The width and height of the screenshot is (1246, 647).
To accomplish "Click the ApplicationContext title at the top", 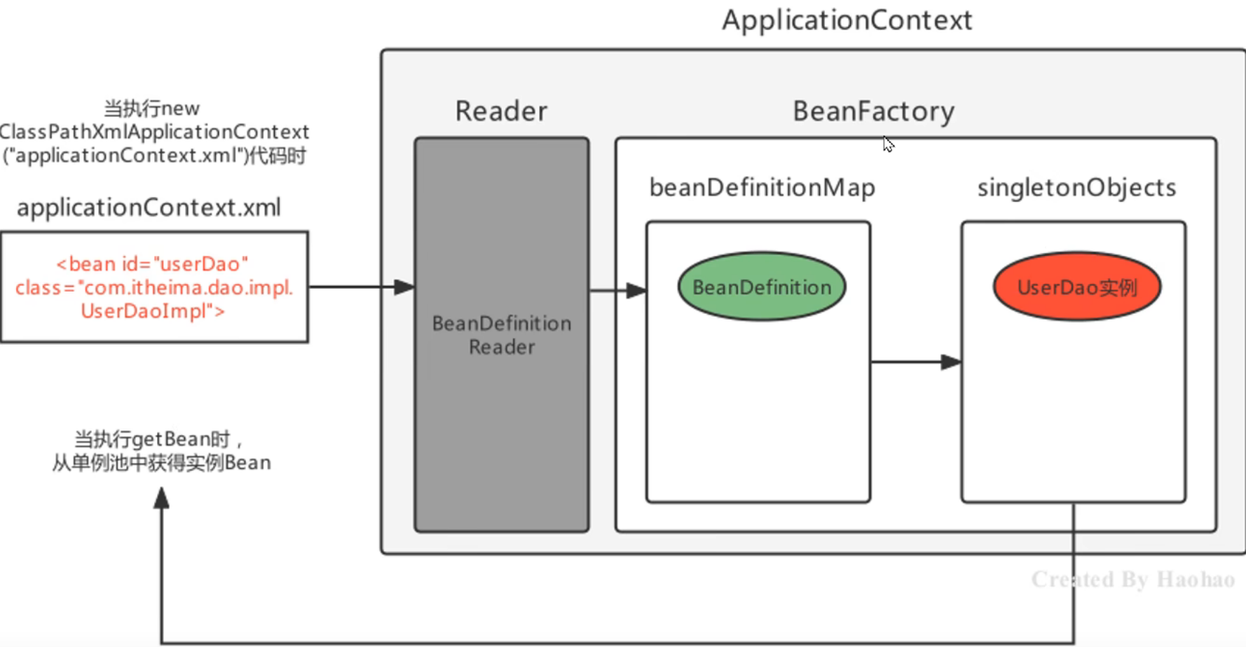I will click(x=847, y=20).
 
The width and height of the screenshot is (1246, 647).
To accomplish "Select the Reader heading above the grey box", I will click(x=501, y=111).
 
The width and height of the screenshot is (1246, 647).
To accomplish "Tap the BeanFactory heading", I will click(x=873, y=111).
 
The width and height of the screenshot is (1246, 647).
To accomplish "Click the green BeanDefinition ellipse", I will click(x=762, y=287).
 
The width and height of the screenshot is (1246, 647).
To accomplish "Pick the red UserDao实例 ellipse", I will click(x=1076, y=287).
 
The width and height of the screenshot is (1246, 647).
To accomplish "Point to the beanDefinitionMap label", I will click(x=762, y=187).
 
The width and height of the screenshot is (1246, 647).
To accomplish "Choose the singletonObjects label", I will click(x=1076, y=187).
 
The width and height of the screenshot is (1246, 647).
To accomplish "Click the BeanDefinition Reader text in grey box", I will click(x=502, y=335).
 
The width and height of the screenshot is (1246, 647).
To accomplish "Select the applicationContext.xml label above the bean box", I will click(x=149, y=207).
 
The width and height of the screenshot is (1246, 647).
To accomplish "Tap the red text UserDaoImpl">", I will click(x=153, y=311).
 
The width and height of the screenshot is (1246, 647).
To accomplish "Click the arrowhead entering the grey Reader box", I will click(x=404, y=287).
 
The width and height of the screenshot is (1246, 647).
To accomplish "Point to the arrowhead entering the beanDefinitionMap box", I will click(x=636, y=290).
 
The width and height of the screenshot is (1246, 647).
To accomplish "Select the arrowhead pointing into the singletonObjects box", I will click(x=951, y=362).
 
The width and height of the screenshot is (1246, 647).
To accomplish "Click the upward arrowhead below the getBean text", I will click(x=161, y=498).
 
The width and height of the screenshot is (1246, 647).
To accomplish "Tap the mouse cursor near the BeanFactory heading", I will click(x=887, y=144).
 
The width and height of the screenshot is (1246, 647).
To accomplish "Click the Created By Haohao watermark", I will click(x=1132, y=579).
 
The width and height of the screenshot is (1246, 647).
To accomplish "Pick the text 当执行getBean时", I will click(x=153, y=439).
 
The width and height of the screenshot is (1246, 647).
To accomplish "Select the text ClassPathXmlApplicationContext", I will click(x=154, y=132).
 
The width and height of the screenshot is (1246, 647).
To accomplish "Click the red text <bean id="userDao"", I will click(x=152, y=264).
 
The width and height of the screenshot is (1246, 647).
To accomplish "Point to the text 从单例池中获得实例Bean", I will click(x=161, y=463).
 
